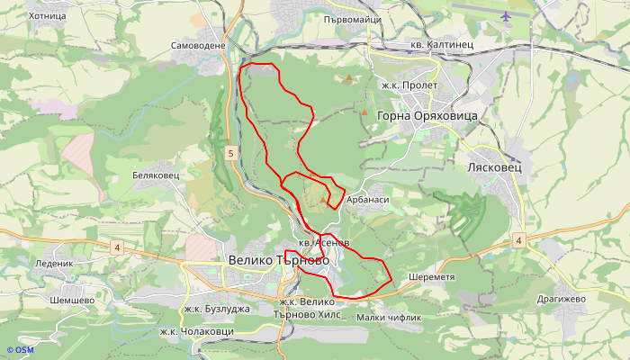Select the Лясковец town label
tap(496, 167)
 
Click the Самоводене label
tap(198, 45)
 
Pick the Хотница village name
tap(47, 15)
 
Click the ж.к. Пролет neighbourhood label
tap(409, 85)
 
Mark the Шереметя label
tap(431, 276)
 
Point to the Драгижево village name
tap(561, 299)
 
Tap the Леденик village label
tap(53, 264)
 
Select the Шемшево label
tap(72, 300)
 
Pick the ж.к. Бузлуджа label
tap(216, 309)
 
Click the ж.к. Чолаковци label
tap(196, 331)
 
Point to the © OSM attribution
tap(20, 350)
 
